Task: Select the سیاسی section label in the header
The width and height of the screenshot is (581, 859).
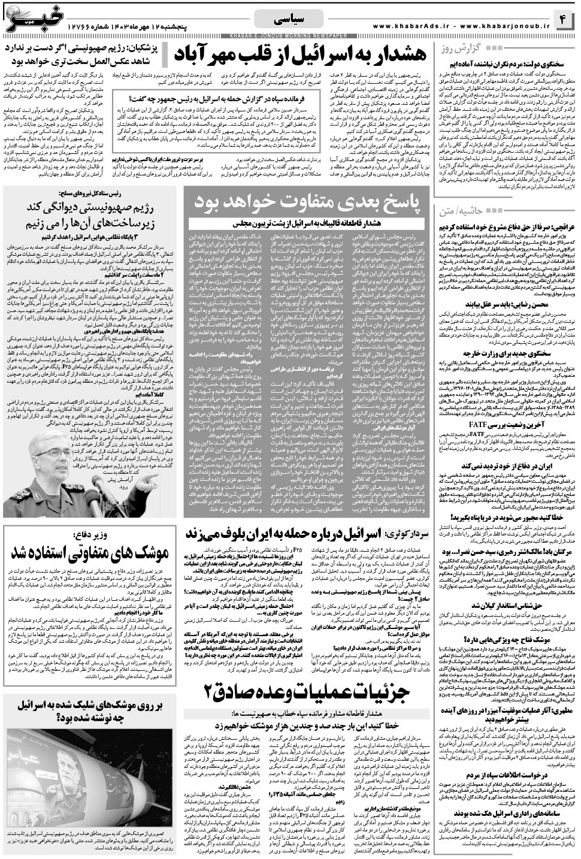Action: [x=289, y=20]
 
